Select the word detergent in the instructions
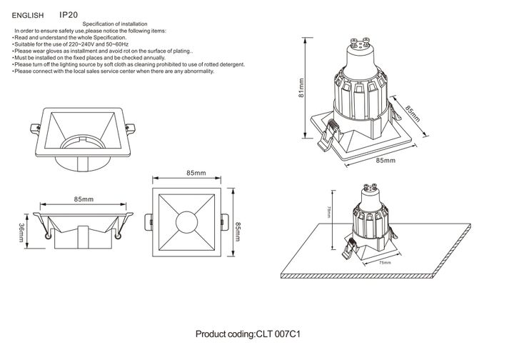coord(229,64)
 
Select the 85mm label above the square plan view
coord(196,174)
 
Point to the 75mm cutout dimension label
coord(385,264)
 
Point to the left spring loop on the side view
coord(46,234)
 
